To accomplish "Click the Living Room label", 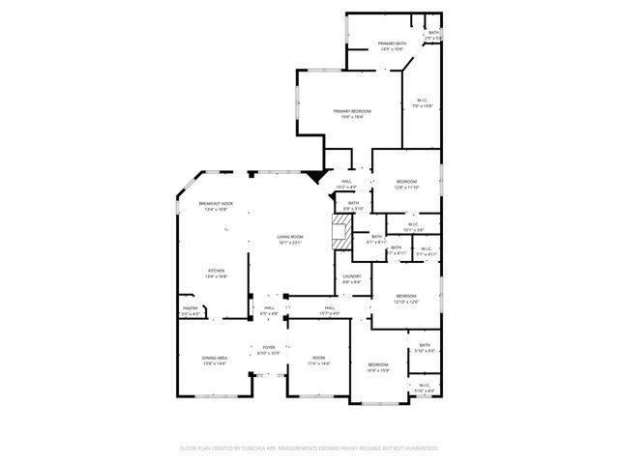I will tap(290, 239).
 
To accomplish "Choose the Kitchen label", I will tap(215, 274).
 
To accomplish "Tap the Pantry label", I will tap(190, 310).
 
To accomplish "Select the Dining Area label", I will tap(215, 361).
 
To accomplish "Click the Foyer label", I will tap(268, 350).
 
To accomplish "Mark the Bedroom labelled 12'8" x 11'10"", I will tap(406, 185).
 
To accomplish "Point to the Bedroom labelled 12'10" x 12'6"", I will tap(405, 299).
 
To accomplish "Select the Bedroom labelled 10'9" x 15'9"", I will tap(377, 366).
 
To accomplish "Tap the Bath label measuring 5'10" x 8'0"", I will tap(425, 347).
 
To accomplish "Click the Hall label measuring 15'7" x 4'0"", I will tap(330, 310).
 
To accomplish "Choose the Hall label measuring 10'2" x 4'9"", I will tap(347, 184).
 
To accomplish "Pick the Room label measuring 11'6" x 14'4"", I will tap(318, 361).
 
